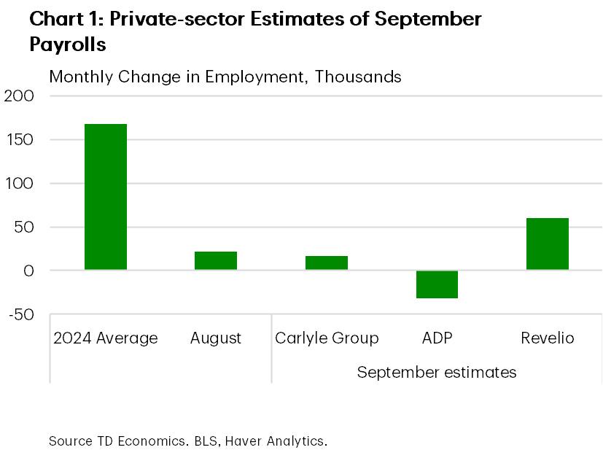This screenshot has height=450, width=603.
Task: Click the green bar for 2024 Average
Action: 106,197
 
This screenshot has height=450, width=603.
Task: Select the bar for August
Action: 216,261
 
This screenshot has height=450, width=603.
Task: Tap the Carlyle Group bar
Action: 327,263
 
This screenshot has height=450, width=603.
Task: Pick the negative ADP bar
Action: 437,284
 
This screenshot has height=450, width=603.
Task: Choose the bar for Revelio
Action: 547,244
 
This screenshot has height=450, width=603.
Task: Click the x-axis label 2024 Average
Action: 106,338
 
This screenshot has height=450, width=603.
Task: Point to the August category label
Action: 216,338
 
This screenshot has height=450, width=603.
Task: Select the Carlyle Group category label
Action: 327,338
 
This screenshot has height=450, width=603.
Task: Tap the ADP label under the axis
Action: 437,338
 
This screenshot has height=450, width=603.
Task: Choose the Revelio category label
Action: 547,338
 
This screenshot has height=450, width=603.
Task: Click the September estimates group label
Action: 437,373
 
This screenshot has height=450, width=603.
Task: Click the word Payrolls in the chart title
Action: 68,44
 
